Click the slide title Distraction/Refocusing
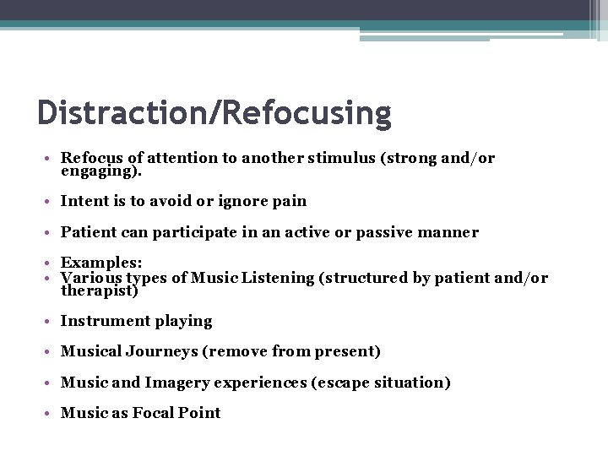(x=214, y=112)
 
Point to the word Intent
(x=84, y=202)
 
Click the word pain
(x=289, y=202)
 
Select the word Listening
(x=284, y=278)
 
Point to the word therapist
(x=97, y=290)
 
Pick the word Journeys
(x=149, y=351)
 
